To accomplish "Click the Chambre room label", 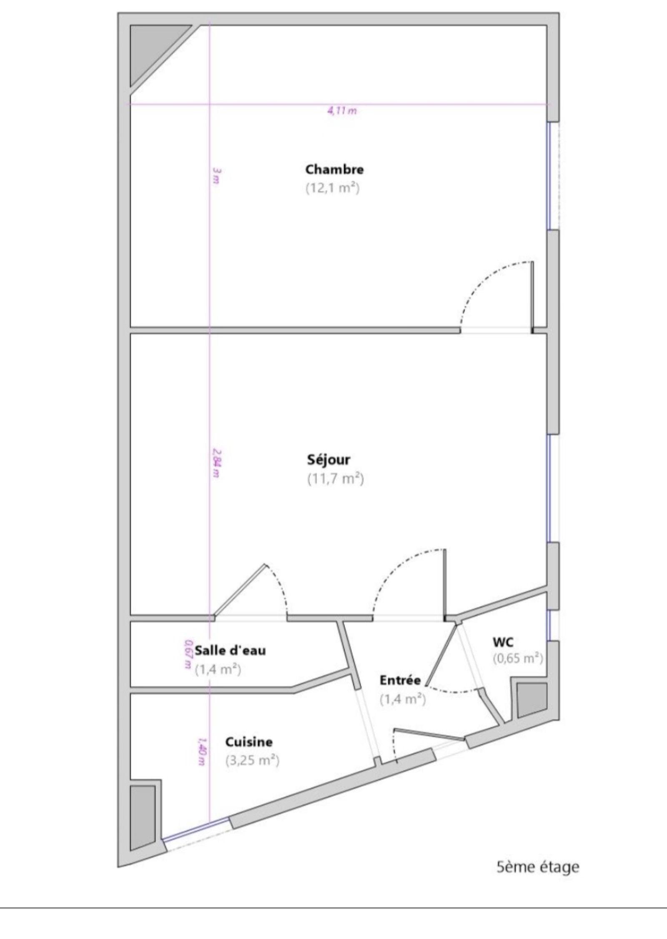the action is coord(334,169).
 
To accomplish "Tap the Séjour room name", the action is coord(328,460).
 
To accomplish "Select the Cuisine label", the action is coord(249,742).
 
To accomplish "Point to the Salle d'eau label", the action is coord(230,650).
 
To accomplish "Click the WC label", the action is coord(503,642).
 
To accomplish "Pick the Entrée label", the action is coord(400,680).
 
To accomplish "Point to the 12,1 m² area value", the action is coord(333,188).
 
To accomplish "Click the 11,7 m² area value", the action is coord(336,479).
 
